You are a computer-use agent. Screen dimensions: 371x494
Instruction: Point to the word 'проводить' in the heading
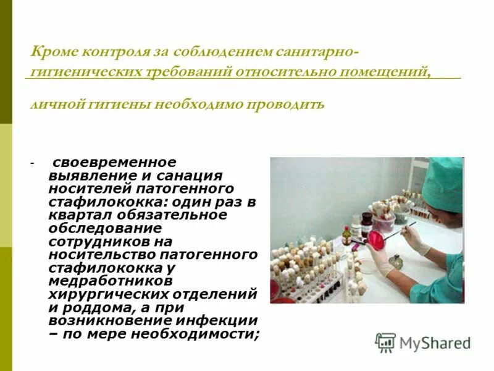(x=286, y=103)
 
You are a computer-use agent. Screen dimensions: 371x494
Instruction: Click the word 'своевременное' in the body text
(x=115, y=162)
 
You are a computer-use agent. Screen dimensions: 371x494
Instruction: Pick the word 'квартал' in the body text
(x=77, y=215)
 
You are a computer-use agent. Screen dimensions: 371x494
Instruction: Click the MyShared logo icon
(x=385, y=343)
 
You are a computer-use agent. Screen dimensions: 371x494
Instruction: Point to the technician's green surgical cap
(x=443, y=183)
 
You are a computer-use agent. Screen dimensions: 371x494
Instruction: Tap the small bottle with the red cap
(x=347, y=235)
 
